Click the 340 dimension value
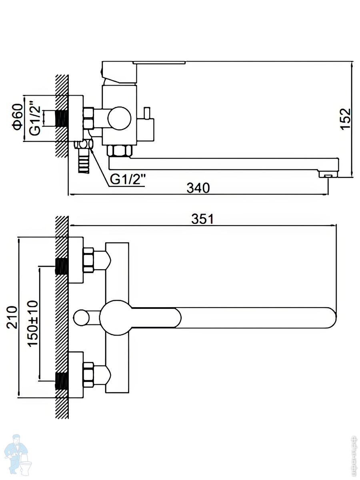click(x=198, y=187)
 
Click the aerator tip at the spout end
click(x=328, y=175)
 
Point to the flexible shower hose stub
click(x=84, y=162)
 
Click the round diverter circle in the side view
click(x=119, y=118)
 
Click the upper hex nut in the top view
click(x=88, y=260)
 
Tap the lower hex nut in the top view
click(x=88, y=375)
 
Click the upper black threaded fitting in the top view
click(x=61, y=266)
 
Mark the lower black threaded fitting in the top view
click(x=61, y=380)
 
